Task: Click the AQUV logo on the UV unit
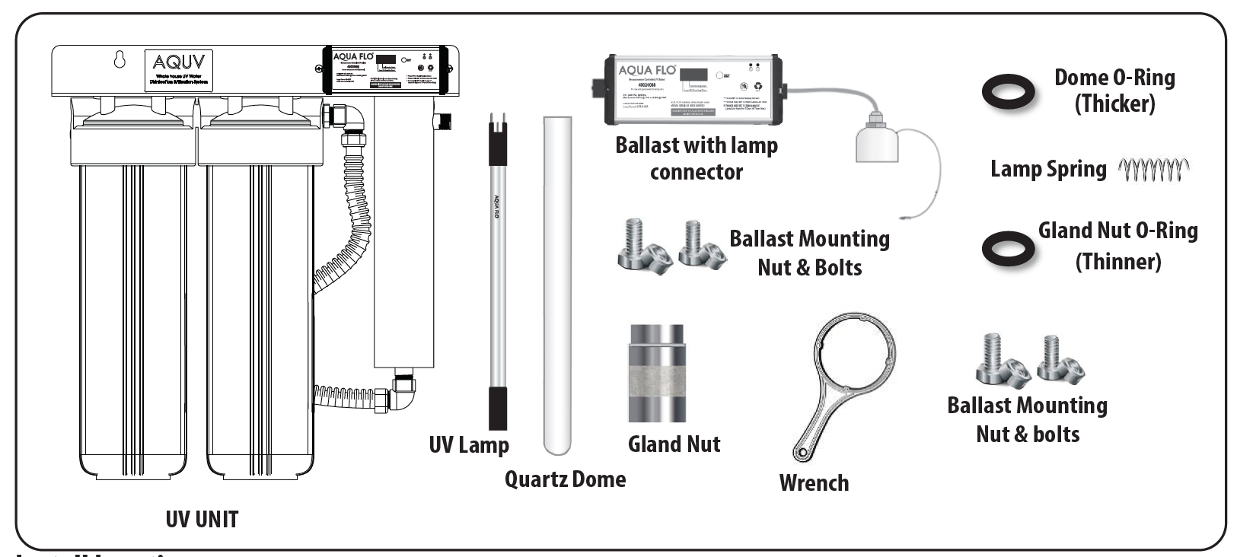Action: click(x=178, y=62)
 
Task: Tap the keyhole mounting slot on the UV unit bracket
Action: click(x=120, y=59)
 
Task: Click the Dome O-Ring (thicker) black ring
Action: click(x=1008, y=92)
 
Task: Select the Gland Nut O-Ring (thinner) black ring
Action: click(x=1008, y=249)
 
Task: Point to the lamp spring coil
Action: click(x=1153, y=170)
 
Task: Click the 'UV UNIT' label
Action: click(x=202, y=520)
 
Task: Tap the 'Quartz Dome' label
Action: click(x=565, y=479)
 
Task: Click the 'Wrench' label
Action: click(x=814, y=482)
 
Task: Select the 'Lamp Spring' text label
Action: click(x=1047, y=169)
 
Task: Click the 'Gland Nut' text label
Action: click(x=674, y=444)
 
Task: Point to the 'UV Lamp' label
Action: click(x=469, y=445)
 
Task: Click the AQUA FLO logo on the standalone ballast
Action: click(x=647, y=71)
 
